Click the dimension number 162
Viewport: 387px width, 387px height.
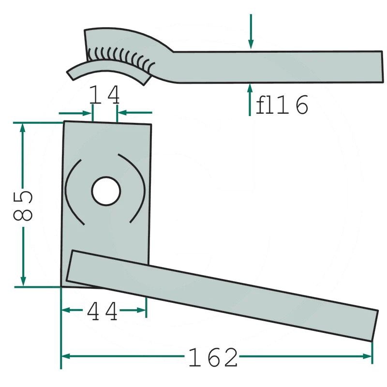(x=213, y=357)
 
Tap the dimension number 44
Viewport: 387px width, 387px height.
(x=102, y=311)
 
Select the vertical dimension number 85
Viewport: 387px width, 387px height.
(x=22, y=205)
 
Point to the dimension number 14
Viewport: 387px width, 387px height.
(x=104, y=94)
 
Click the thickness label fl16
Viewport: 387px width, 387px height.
(x=282, y=104)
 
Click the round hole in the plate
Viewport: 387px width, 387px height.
(x=106, y=191)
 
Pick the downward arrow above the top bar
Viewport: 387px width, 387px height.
(x=251, y=31)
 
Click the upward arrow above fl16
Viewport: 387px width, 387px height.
(x=250, y=100)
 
